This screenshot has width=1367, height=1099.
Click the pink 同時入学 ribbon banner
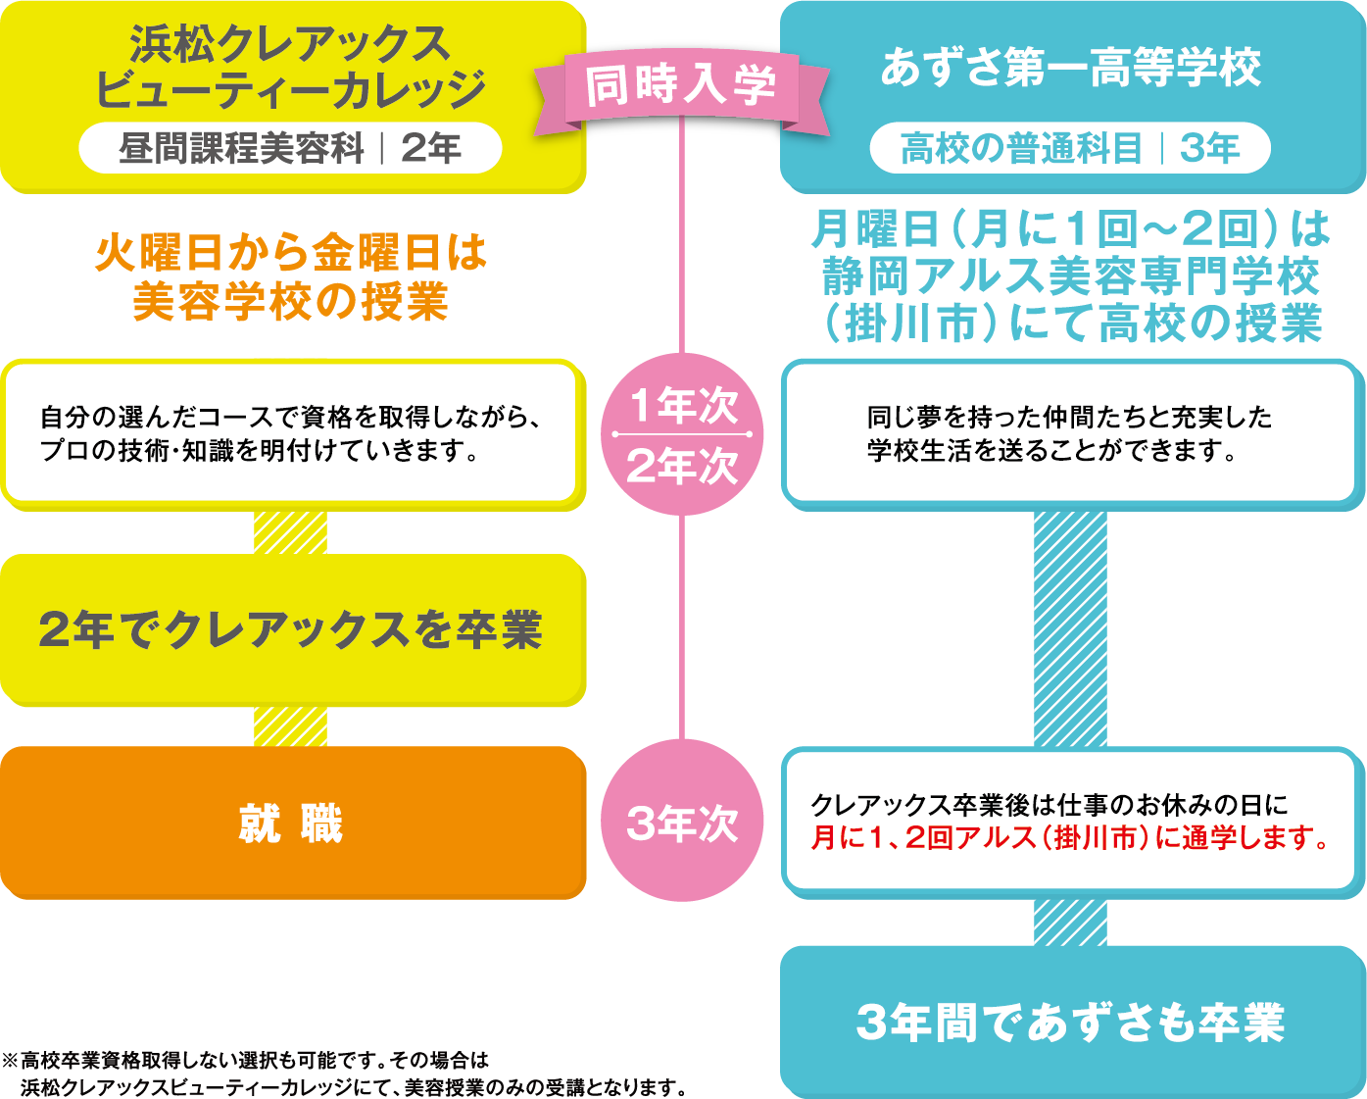681,85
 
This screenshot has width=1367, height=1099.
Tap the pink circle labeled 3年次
682,823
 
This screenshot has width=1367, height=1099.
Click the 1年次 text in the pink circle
682,405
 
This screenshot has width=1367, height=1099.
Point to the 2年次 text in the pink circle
682,466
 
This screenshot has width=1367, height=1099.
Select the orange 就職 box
292,823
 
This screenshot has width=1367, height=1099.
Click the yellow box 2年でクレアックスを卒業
292,629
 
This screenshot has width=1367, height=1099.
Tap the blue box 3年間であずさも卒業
1071,1022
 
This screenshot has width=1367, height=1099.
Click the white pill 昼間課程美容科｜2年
290,148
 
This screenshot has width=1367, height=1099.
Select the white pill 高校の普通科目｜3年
1070,148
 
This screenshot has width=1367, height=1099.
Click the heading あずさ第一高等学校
1070,68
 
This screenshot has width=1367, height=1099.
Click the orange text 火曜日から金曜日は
290,252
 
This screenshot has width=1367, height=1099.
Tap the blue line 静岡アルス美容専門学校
1070,276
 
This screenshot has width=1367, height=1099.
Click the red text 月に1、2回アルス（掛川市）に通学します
1070,838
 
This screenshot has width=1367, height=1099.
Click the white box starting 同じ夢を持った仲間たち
1070,433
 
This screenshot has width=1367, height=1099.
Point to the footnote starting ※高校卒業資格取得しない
343,1074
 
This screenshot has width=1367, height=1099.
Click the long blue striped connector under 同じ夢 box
1070,628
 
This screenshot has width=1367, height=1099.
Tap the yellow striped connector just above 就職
290,726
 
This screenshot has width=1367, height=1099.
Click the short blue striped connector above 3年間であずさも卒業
1070,923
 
